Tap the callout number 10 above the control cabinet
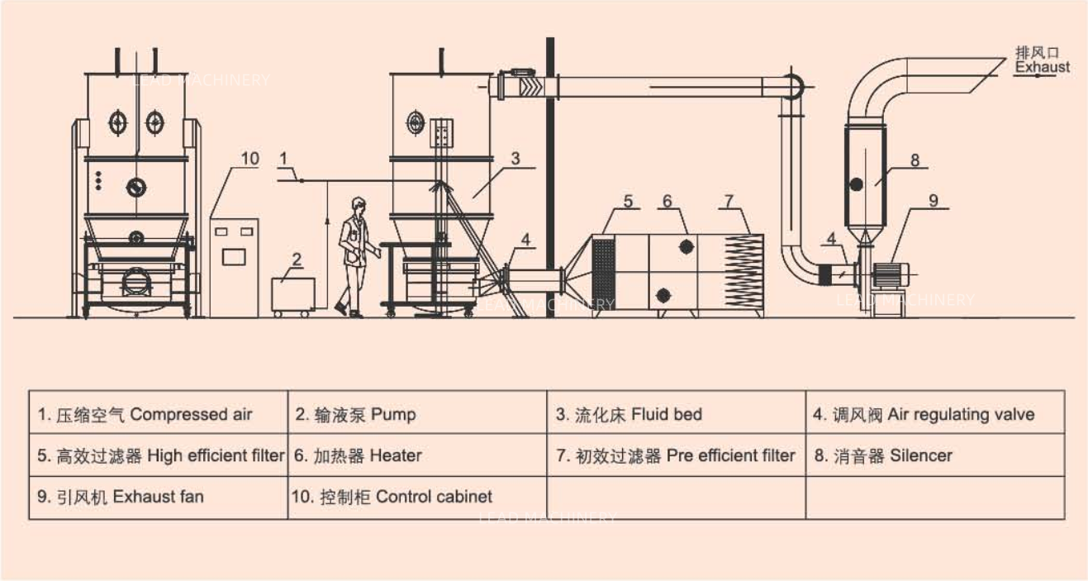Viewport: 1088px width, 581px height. (250, 158)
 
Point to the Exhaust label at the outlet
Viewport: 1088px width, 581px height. (1043, 67)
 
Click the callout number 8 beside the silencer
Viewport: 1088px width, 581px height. (915, 160)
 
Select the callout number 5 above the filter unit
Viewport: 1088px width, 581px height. (628, 200)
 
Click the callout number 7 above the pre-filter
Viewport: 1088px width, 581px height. (729, 200)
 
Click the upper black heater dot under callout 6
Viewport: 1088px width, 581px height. (686, 246)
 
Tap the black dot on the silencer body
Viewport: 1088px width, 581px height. (857, 183)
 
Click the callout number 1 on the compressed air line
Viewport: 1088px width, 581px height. (283, 156)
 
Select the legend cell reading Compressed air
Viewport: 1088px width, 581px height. (158, 413)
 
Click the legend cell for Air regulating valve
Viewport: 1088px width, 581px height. (934, 413)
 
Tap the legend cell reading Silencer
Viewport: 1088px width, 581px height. (934, 455)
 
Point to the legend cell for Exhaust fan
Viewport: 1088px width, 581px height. (158, 497)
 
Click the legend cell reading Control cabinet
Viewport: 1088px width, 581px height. (416, 497)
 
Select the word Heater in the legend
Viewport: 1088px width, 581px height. (396, 455)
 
